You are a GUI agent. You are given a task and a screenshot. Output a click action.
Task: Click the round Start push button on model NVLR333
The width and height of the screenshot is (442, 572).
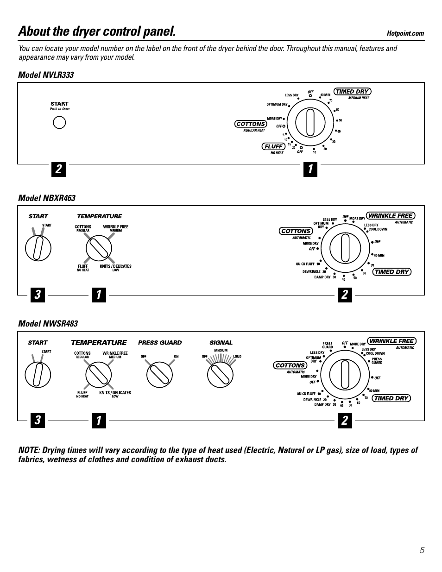point(59,122)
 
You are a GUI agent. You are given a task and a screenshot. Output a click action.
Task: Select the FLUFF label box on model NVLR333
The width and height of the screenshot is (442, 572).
point(273,146)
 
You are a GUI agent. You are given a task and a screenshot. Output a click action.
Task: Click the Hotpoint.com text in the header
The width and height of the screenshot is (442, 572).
point(405,33)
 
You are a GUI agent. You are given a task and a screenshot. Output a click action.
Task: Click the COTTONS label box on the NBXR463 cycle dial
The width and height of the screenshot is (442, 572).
point(296,231)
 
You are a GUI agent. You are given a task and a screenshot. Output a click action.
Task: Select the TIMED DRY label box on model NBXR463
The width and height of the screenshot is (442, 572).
point(391,272)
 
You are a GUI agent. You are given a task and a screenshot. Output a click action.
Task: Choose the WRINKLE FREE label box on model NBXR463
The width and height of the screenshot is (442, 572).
point(390,216)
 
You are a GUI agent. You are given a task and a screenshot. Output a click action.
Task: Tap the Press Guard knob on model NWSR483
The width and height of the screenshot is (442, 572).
point(159,375)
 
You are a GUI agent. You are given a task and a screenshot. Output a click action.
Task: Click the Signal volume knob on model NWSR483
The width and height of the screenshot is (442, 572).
point(220,375)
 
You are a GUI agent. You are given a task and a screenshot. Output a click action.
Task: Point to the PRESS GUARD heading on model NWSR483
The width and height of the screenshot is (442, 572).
point(160,343)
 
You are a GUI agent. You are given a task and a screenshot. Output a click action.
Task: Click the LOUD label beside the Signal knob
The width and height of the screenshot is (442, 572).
point(237,357)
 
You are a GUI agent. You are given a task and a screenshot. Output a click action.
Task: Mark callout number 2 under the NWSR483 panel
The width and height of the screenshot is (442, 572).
point(344,421)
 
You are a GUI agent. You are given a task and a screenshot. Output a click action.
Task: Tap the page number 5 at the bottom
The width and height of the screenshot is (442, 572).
point(422,550)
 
